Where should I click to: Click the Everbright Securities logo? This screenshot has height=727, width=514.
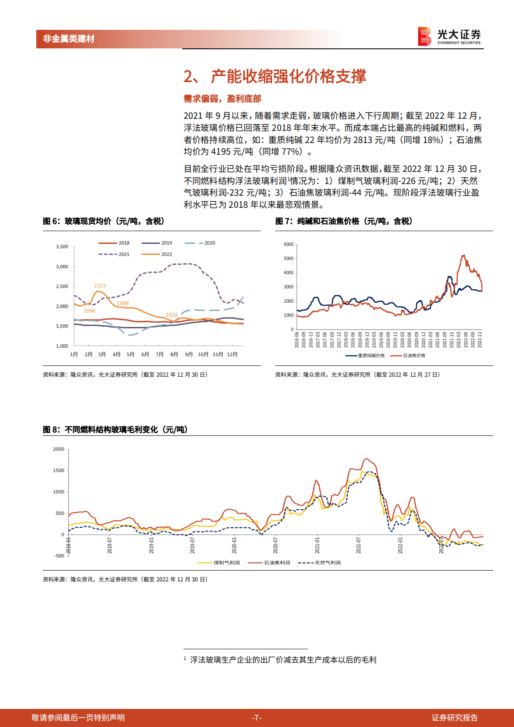(449, 36)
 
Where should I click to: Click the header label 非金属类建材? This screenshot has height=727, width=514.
(69, 39)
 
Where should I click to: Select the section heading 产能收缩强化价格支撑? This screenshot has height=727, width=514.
(288, 76)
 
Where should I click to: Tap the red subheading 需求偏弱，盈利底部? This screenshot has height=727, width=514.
(222, 99)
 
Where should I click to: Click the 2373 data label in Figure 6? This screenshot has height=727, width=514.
(100, 286)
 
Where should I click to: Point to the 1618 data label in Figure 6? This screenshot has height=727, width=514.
(172, 315)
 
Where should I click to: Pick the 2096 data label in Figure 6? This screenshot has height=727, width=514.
(89, 311)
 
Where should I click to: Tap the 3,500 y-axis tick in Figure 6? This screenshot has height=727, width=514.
(62, 247)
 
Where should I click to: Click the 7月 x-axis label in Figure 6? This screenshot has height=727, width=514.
(160, 355)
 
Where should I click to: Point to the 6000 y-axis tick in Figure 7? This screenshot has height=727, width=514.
(289, 244)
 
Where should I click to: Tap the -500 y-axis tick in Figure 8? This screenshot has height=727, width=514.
(59, 556)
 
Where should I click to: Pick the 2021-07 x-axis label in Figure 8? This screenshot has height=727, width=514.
(359, 545)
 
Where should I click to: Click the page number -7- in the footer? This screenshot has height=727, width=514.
(257, 718)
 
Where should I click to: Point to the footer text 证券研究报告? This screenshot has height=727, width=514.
(454, 718)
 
